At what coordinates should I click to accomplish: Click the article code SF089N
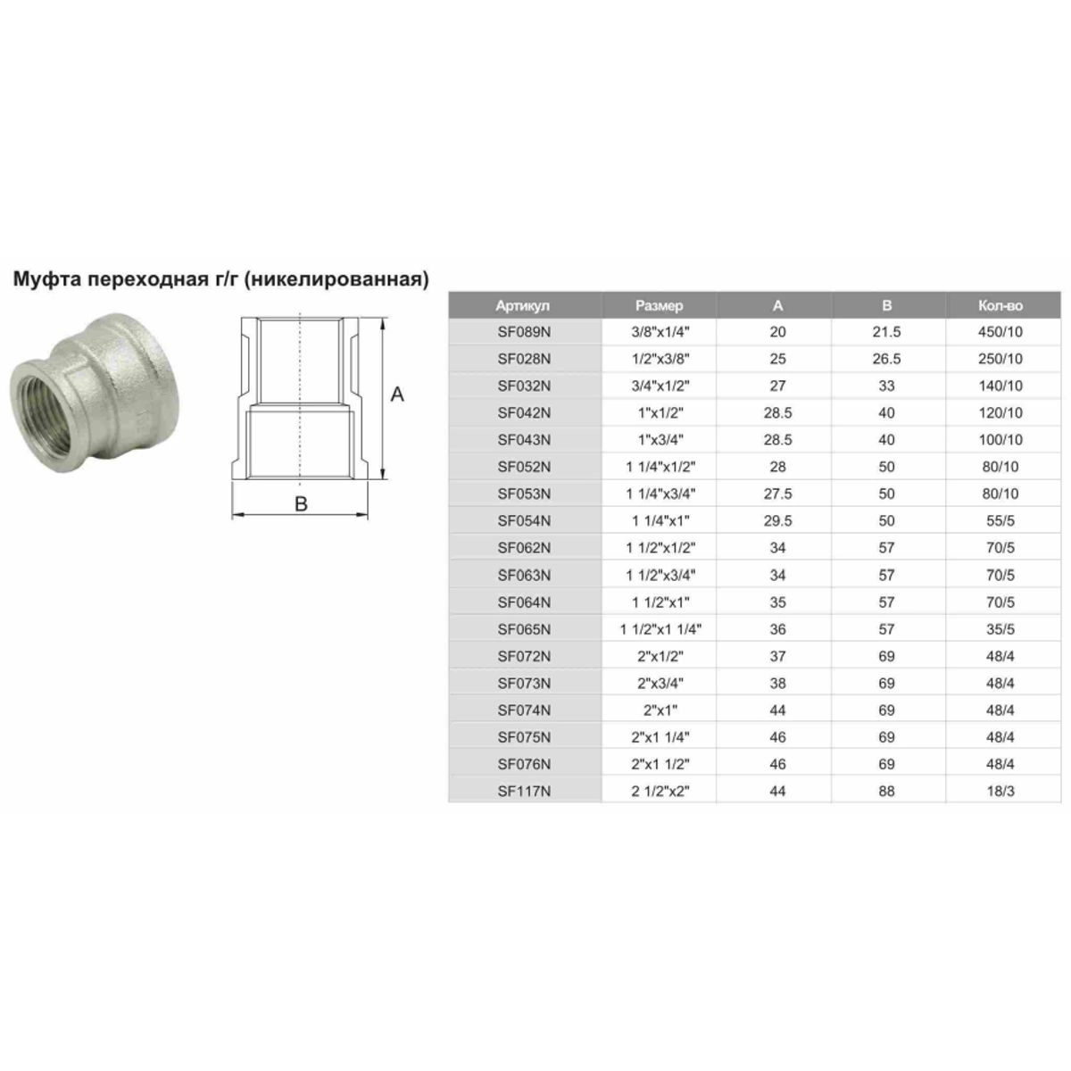[524, 332]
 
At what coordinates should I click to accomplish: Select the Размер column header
[660, 306]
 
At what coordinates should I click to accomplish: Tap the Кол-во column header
[1000, 306]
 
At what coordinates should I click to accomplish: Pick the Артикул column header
[522, 306]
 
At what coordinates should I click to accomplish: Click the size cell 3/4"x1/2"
[660, 386]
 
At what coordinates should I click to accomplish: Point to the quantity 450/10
[1000, 332]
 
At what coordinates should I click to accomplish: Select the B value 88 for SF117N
[886, 791]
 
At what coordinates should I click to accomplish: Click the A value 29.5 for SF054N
[777, 520]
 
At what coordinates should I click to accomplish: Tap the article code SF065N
[524, 629]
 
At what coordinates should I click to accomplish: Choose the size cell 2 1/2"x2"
[660, 791]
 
